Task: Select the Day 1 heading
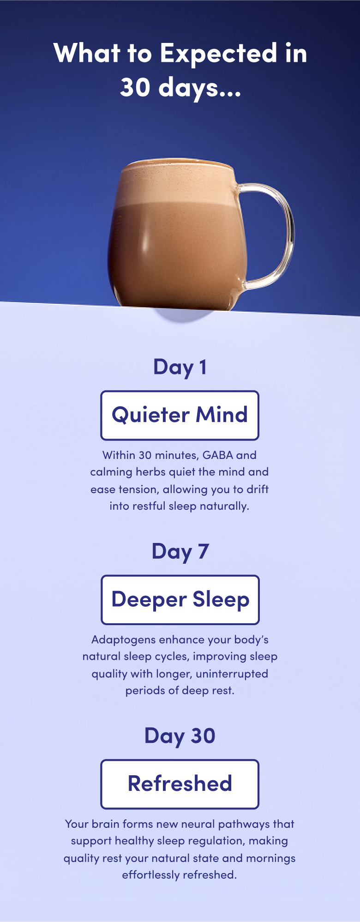pos(180,368)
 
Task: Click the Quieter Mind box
pos(180,415)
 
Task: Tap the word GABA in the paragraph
pos(217,455)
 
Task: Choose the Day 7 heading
pos(180,552)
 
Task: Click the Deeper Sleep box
pos(180,599)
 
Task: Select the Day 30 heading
pos(180,736)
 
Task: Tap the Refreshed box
pos(180,783)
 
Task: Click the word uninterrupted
pos(232,674)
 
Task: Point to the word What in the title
pos(87,54)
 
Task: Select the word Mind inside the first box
pos(222,415)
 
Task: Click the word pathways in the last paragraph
pos(244,825)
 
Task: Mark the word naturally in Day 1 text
pos(224,506)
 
